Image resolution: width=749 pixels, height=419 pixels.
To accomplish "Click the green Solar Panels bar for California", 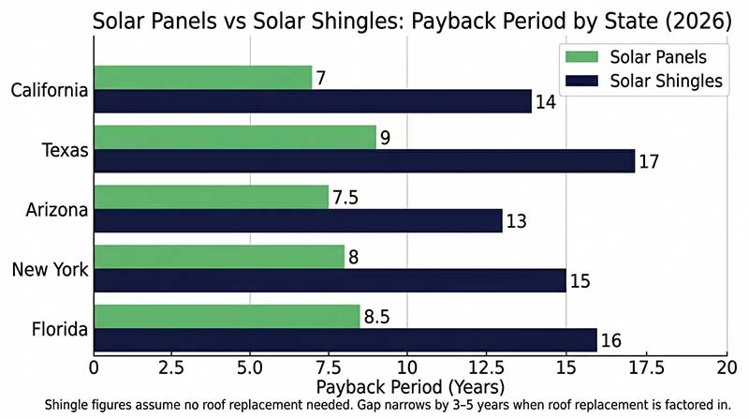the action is coord(203,78).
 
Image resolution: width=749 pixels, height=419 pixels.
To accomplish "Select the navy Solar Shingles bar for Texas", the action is coord(364,160).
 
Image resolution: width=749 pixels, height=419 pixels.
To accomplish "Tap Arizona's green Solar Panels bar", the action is coord(212,197).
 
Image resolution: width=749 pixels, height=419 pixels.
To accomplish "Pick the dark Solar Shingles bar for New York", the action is coord(330,280).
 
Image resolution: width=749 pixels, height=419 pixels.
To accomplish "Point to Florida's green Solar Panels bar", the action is coord(227,316).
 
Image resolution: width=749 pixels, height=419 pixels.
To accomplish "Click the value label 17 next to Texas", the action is coord(649,161).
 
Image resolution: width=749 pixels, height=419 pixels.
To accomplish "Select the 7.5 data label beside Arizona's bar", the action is coord(345,198).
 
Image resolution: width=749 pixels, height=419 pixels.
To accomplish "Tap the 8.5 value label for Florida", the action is coord(377,317).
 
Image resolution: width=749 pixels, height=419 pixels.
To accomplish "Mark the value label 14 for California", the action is coord(546,102).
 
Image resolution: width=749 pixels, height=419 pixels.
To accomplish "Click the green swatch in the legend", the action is coord(581,57).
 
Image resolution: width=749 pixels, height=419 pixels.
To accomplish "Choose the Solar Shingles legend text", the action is coord(667,81).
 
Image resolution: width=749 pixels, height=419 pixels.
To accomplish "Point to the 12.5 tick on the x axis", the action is coord(486,367).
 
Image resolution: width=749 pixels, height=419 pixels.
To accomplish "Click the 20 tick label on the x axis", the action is coord(727,367).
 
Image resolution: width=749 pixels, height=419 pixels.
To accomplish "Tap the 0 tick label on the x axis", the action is coord(95,367).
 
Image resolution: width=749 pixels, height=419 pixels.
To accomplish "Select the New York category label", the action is coord(51,269).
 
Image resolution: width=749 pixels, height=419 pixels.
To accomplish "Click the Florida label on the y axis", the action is coord(60,329).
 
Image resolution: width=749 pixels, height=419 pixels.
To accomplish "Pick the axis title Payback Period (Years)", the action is coord(410,387).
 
